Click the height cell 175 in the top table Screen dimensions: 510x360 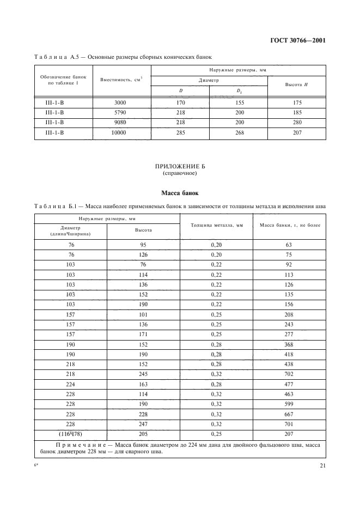297,102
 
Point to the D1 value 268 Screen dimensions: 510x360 239,132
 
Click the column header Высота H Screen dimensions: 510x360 297,84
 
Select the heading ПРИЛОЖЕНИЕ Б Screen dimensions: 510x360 179,167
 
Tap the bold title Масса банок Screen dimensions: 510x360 179,193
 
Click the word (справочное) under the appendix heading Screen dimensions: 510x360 179,174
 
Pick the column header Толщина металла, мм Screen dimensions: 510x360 216,224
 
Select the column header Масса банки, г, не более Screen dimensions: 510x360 289,224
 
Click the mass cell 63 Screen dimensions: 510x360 289,245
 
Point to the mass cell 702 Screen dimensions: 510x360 289,374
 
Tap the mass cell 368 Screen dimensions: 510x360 289,344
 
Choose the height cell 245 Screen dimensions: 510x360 143,374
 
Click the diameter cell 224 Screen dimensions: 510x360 71,384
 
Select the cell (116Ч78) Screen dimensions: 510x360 71,434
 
